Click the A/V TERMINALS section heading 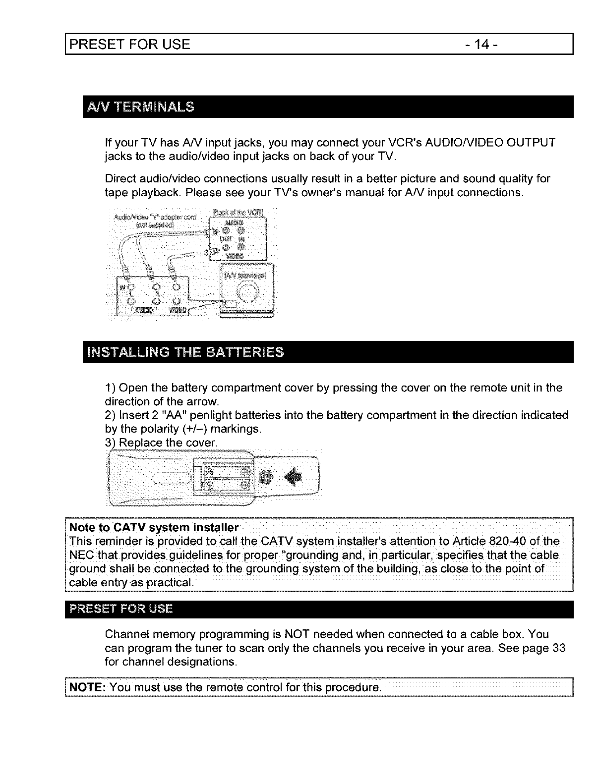coord(141,107)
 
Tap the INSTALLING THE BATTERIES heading coord(185,352)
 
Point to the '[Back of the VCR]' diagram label coord(239,214)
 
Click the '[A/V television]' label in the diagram coord(245,276)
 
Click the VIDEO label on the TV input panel coord(177,310)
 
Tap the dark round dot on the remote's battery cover coord(267,476)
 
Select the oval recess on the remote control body coord(171,477)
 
